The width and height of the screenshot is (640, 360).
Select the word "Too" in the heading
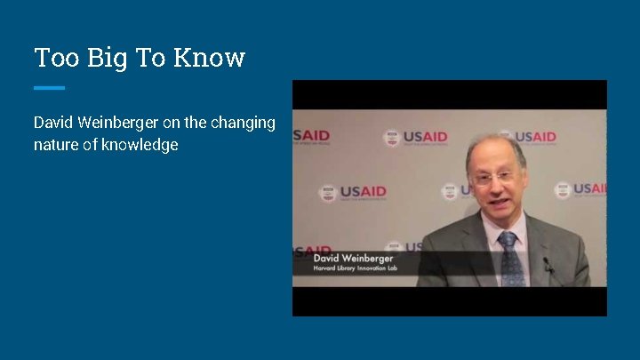[53, 58]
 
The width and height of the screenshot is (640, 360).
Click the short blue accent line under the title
[49, 87]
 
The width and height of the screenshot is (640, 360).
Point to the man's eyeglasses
[493, 176]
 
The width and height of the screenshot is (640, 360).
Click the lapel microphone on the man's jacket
[548, 264]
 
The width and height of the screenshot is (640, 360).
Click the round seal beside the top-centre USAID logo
[391, 138]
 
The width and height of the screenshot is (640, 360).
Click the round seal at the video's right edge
[562, 189]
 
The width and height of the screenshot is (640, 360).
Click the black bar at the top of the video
[450, 94]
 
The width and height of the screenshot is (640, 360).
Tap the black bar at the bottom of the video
[450, 301]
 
